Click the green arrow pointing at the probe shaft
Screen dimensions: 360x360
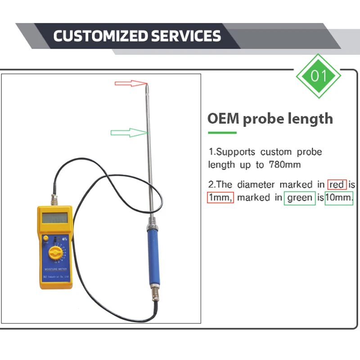pos(129,132)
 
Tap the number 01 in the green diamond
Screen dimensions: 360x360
pos(319,76)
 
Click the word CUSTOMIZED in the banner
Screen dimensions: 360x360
pos(101,36)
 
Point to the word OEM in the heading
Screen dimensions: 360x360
pos(223,119)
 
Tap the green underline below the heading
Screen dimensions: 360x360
pos(222,133)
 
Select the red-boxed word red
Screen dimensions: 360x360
pos(337,184)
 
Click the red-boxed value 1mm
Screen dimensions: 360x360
pos(220,198)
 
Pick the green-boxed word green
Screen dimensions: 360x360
pos(299,198)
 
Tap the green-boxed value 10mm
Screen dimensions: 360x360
pos(338,198)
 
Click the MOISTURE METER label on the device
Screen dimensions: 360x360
pos(54,268)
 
